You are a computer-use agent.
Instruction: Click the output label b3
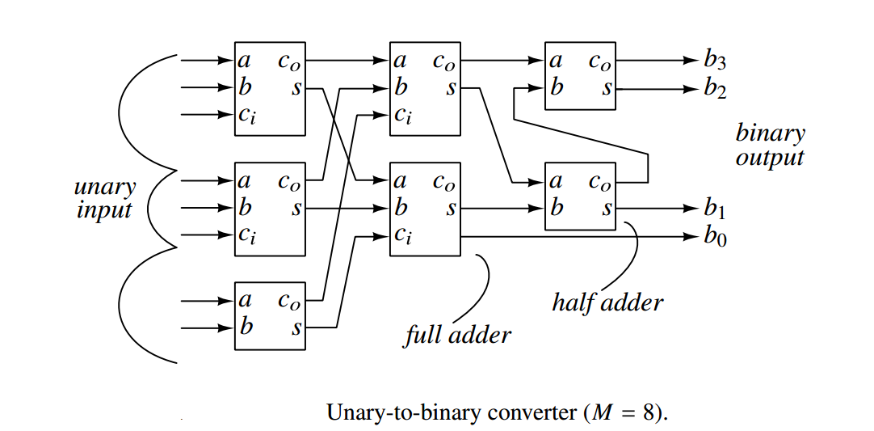tap(714, 60)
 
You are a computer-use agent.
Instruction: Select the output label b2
tap(714, 88)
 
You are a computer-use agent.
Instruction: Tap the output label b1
tap(714, 209)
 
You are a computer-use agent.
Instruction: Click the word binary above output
tap(770, 133)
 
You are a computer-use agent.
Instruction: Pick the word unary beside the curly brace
tap(105, 188)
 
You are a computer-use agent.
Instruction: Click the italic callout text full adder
tap(457, 333)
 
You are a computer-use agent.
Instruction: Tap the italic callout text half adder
tap(607, 302)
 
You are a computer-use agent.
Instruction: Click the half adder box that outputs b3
tap(581, 75)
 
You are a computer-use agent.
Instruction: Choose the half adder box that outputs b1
tap(581, 196)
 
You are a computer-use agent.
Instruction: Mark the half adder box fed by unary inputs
tap(270, 315)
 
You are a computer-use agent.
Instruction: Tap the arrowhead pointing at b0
tap(689, 238)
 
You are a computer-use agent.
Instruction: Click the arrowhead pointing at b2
tap(689, 88)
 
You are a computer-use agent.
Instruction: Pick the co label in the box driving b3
tap(600, 61)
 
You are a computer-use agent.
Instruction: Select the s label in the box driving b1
tap(606, 209)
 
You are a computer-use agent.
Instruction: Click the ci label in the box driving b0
tap(403, 237)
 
